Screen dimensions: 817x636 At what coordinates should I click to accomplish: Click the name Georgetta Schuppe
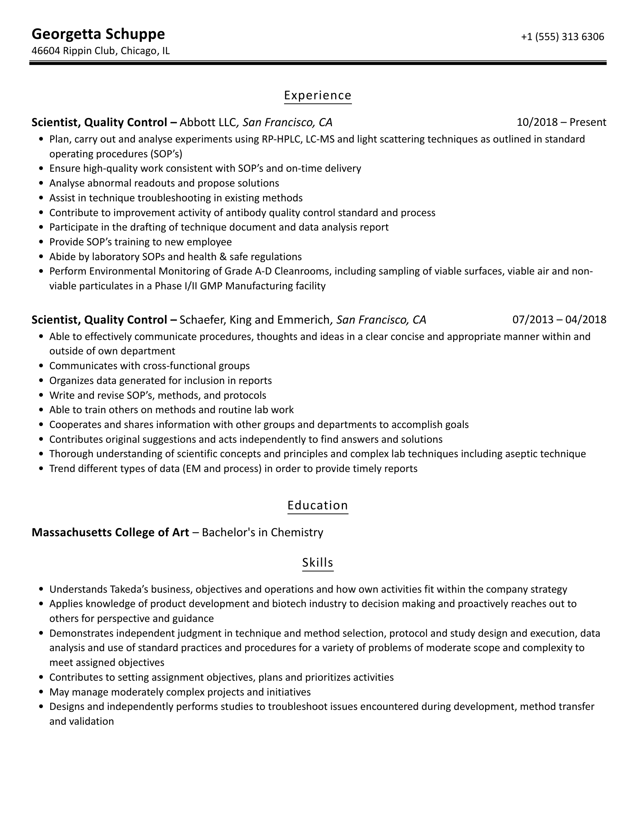click(x=98, y=34)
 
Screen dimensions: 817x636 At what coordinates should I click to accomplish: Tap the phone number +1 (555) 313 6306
click(x=562, y=37)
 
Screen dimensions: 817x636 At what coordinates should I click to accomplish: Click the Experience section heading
click(x=318, y=95)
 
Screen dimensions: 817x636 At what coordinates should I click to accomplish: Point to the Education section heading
click(x=318, y=505)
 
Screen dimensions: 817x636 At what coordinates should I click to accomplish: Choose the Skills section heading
click(x=318, y=563)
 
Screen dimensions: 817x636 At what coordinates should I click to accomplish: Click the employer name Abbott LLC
click(x=207, y=123)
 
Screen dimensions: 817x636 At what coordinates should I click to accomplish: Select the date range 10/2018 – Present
click(x=561, y=123)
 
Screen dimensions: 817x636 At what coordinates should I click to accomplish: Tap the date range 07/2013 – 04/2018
click(x=559, y=320)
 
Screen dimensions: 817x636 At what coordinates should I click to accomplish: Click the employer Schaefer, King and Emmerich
click(x=254, y=320)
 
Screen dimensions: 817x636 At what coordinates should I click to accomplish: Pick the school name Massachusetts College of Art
click(x=110, y=532)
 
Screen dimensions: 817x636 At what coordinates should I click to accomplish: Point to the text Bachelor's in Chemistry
click(x=263, y=532)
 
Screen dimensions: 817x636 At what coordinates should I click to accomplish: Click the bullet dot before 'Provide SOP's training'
click(x=41, y=242)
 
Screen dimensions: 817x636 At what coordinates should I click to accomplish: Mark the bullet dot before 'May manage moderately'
click(x=41, y=692)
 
